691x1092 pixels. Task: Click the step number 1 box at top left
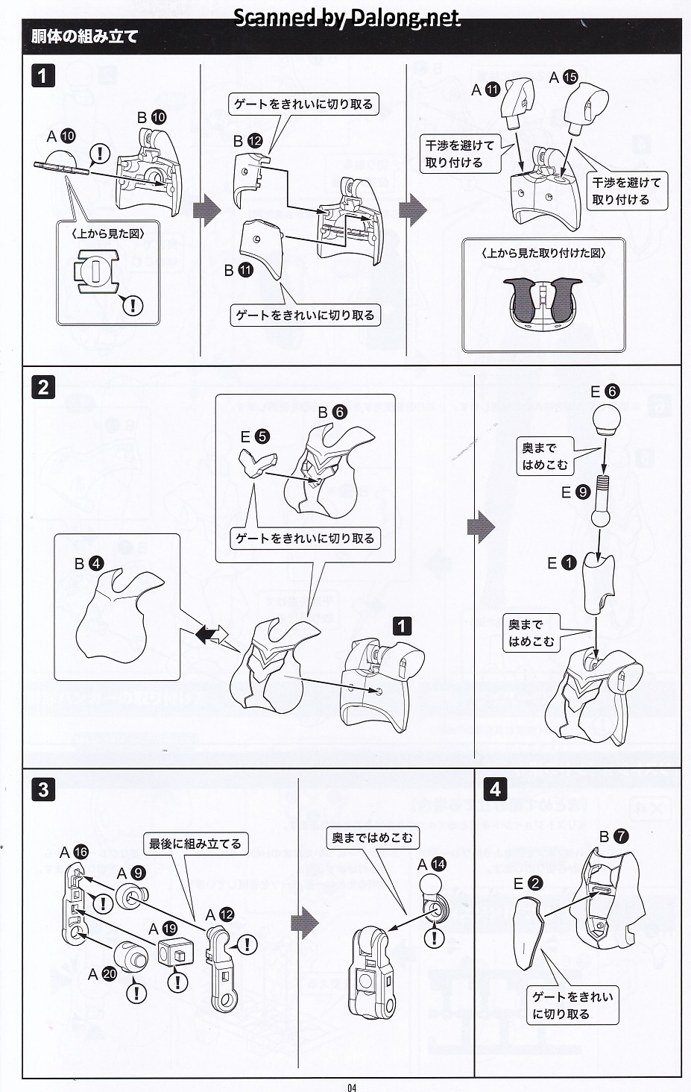(43, 75)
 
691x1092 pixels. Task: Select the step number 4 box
(496, 788)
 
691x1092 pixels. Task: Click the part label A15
(564, 77)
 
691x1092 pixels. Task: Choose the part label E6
(605, 392)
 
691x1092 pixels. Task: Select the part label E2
(528, 883)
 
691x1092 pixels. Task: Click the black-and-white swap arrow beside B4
(211, 634)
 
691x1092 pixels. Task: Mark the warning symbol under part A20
(136, 992)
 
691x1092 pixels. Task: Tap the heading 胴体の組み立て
(85, 37)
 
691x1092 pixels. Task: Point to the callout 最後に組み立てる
(195, 844)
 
